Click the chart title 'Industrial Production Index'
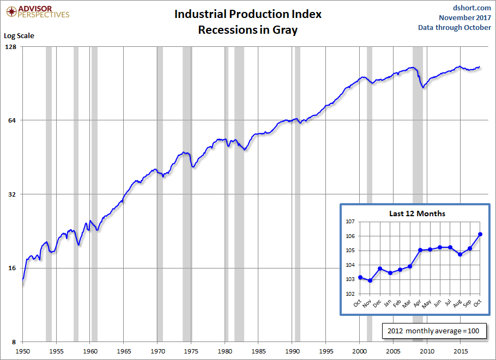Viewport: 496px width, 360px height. [248, 14]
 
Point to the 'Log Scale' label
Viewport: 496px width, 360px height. [19, 36]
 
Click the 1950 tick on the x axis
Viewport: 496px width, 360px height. [23, 351]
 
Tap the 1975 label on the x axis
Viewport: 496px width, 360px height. [191, 351]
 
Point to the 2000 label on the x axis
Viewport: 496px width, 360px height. [360, 351]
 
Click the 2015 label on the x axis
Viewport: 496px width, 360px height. [461, 351]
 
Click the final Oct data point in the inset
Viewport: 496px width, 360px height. [480, 234]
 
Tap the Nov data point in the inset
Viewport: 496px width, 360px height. [370, 280]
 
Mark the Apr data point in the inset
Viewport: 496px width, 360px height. [420, 250]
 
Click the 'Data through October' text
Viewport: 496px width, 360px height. [455, 28]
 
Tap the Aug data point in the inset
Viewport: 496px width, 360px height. [460, 254]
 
